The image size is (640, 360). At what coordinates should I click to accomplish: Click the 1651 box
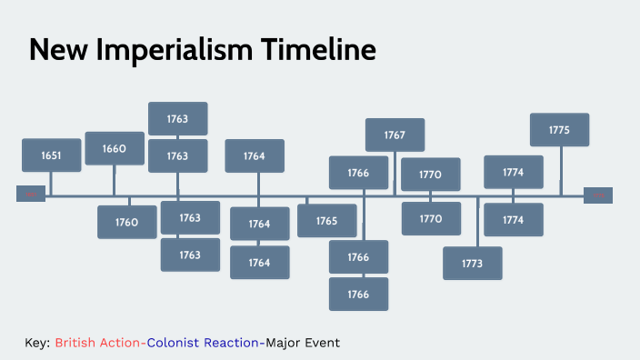tap(51, 155)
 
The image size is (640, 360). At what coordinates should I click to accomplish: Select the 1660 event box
tap(115, 148)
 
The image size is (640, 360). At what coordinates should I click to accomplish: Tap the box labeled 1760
tap(126, 222)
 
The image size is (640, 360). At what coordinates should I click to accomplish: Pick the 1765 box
tap(326, 221)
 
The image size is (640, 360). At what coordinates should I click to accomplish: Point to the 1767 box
tap(395, 135)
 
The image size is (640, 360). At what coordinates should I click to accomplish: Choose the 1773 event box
tap(472, 263)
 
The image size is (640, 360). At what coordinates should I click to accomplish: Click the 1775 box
tap(559, 130)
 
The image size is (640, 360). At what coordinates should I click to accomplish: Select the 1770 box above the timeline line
tap(430, 174)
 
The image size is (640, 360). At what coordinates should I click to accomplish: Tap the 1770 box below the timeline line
tap(430, 218)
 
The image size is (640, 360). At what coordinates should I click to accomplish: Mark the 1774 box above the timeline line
tap(513, 172)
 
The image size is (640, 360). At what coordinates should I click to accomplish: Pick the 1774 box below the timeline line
tap(513, 219)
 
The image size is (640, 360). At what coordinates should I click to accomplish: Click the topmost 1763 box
tap(177, 119)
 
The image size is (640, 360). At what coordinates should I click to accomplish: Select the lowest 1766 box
tap(358, 295)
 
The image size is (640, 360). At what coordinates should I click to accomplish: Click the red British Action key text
tap(97, 343)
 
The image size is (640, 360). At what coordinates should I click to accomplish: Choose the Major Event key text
tap(303, 343)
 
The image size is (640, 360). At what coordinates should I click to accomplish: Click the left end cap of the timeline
tap(31, 195)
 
